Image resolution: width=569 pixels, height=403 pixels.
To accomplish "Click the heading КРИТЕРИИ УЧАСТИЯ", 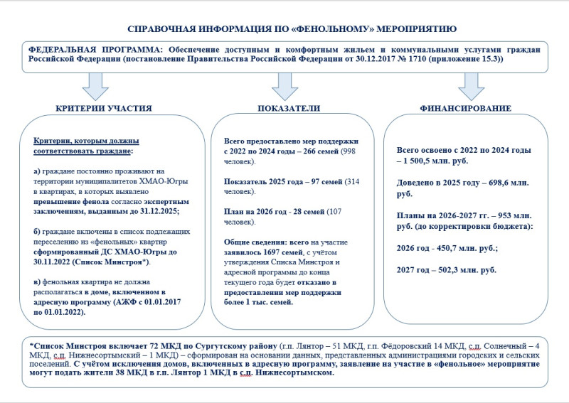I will pos(104,108).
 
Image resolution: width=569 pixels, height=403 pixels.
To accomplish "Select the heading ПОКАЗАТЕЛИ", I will pos(288,108).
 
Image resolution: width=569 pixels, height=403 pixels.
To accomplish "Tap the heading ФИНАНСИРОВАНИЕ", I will pos(465,108).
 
